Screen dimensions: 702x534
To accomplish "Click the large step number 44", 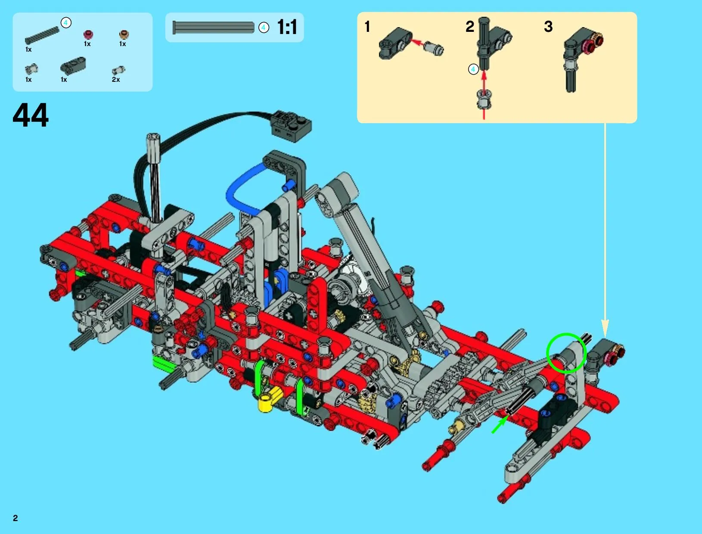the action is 31,115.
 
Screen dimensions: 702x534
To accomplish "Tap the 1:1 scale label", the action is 287,27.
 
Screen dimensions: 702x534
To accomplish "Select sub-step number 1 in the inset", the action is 367,26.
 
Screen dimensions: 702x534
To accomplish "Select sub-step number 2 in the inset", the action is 470,26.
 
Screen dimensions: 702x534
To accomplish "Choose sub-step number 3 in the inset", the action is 548,26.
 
